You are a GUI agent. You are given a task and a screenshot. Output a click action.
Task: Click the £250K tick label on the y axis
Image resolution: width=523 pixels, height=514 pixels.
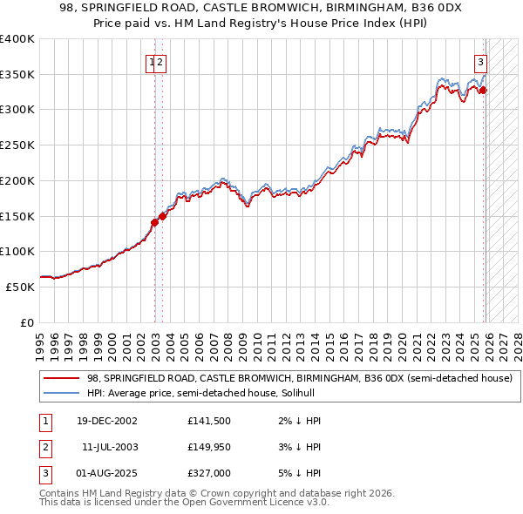(x=17, y=145)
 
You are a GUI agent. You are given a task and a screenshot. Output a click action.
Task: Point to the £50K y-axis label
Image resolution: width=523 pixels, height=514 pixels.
(x=19, y=287)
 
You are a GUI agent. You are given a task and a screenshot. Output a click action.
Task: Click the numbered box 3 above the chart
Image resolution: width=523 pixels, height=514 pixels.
(x=480, y=62)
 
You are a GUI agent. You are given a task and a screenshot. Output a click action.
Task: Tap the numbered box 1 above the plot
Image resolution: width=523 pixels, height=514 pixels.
(x=152, y=62)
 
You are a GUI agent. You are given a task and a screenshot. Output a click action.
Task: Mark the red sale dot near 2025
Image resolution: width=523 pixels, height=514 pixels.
(x=484, y=90)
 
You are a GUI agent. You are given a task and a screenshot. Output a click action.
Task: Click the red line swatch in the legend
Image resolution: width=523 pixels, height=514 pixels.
(x=61, y=379)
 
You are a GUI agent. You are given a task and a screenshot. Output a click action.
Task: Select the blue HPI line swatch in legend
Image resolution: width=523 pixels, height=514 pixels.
(x=61, y=394)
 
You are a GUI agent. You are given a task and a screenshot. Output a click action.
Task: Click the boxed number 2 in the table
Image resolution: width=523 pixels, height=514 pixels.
(x=44, y=447)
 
